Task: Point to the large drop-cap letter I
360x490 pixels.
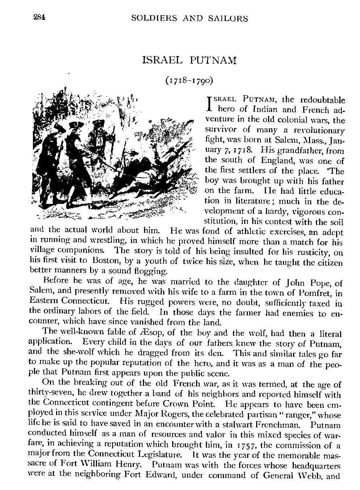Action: click(208, 102)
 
